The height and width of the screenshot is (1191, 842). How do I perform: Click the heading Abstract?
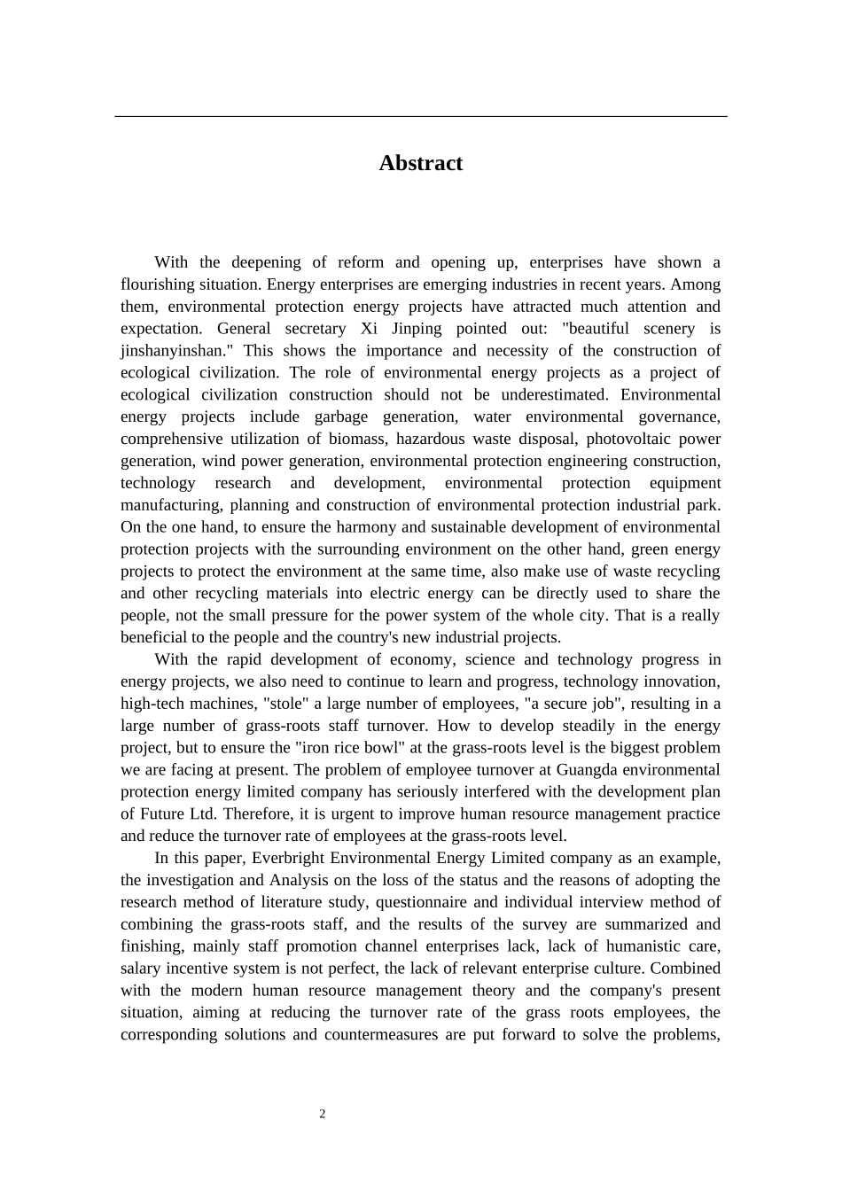[x=420, y=163]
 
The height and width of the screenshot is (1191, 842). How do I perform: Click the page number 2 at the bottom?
[x=323, y=1114]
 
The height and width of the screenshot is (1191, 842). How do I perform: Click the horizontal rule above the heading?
[x=420, y=116]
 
